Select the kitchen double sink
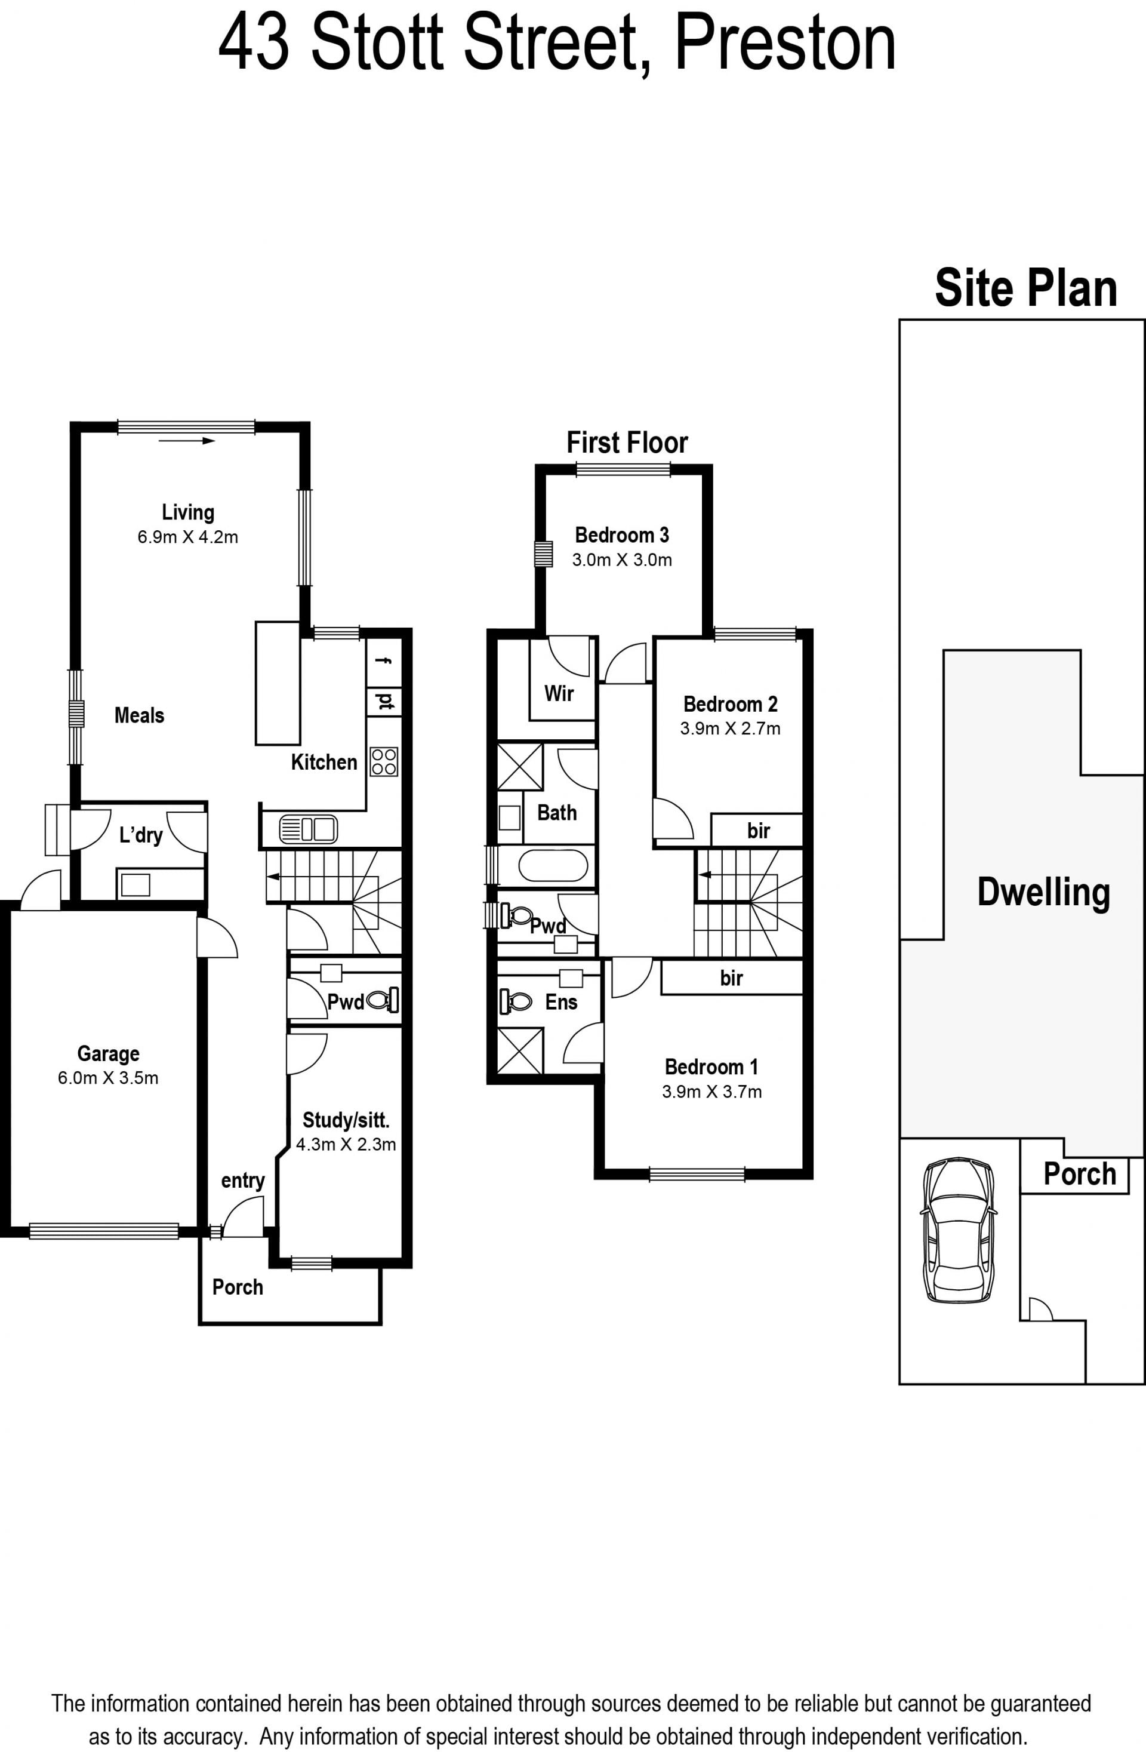tap(309, 829)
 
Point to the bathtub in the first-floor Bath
tap(553, 866)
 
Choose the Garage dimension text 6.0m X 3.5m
tap(108, 1078)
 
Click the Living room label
tap(187, 512)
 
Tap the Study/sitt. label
tap(346, 1120)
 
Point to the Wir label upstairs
tap(559, 693)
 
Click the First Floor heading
tap(627, 442)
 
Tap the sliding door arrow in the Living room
tap(186, 441)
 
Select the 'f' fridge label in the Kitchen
tap(383, 660)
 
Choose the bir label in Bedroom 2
tap(758, 831)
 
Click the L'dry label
tap(141, 835)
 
